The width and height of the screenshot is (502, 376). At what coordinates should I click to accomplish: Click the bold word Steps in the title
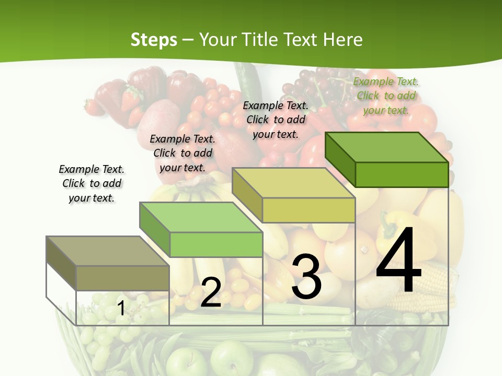pyautogui.click(x=154, y=40)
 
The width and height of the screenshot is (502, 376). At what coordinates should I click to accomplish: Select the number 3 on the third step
pyautogui.click(x=306, y=277)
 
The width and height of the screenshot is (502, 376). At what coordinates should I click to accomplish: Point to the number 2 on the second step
pyautogui.click(x=211, y=292)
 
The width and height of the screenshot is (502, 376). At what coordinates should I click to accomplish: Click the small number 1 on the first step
pyautogui.click(x=121, y=308)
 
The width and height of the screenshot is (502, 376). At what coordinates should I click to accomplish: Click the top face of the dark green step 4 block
pyautogui.click(x=386, y=147)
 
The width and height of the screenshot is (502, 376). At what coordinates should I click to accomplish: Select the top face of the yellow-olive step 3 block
pyautogui.click(x=293, y=183)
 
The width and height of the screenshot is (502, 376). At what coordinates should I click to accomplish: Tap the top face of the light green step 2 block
pyautogui.click(x=200, y=217)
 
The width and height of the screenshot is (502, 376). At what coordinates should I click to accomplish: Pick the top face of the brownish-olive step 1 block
pyautogui.click(x=107, y=251)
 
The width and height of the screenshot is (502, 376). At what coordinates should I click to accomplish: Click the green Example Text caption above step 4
pyautogui.click(x=386, y=96)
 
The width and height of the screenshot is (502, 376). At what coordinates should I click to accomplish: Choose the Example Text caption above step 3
pyautogui.click(x=276, y=120)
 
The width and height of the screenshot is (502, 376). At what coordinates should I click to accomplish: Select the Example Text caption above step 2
pyautogui.click(x=182, y=153)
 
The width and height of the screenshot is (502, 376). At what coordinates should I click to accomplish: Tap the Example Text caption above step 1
pyautogui.click(x=92, y=183)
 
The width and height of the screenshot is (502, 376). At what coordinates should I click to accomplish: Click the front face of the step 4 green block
pyautogui.click(x=402, y=174)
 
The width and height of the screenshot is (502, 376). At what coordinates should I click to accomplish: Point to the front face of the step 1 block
pyautogui.click(x=122, y=278)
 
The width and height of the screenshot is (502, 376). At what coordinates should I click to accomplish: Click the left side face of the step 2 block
pyautogui.click(x=155, y=230)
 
